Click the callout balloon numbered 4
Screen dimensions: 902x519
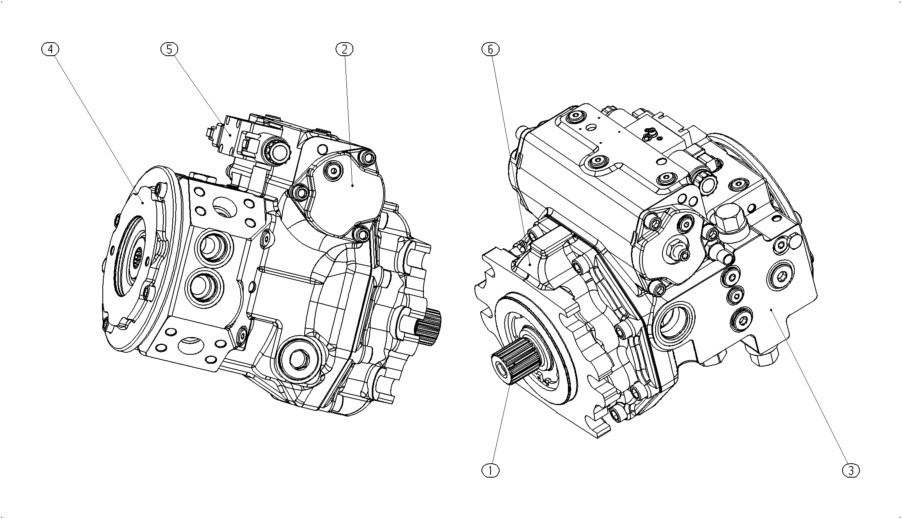click(x=50, y=49)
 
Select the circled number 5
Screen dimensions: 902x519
click(x=169, y=49)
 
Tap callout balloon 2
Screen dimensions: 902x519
click(x=344, y=49)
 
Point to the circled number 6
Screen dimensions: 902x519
click(x=491, y=49)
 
